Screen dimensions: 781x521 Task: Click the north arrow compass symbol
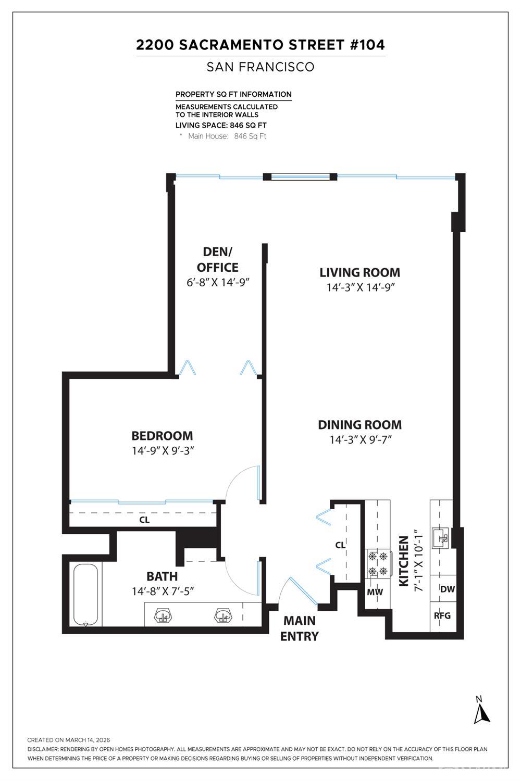(x=481, y=711)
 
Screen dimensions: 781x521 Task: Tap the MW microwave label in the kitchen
(x=375, y=592)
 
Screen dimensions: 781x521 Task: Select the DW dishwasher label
(x=448, y=589)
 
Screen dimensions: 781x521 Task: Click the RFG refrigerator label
(x=442, y=615)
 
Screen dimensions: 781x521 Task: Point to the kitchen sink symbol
(x=442, y=536)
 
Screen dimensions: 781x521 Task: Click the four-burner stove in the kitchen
(x=379, y=563)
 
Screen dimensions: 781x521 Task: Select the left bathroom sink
(x=163, y=616)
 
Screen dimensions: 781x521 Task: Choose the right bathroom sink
(x=223, y=616)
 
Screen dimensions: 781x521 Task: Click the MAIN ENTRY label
(x=300, y=628)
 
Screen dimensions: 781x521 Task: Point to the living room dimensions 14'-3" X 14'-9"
(x=359, y=287)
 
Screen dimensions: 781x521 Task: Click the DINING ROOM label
(x=359, y=425)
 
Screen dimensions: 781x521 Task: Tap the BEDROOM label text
(x=162, y=436)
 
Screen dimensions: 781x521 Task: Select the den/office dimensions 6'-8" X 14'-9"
(x=218, y=282)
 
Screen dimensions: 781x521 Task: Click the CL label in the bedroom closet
(x=144, y=520)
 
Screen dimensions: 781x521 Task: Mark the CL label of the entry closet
(x=340, y=545)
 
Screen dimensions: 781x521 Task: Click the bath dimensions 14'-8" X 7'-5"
(x=163, y=591)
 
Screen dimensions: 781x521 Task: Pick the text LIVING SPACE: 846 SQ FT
(x=221, y=125)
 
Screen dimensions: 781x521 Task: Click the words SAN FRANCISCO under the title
(x=260, y=67)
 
